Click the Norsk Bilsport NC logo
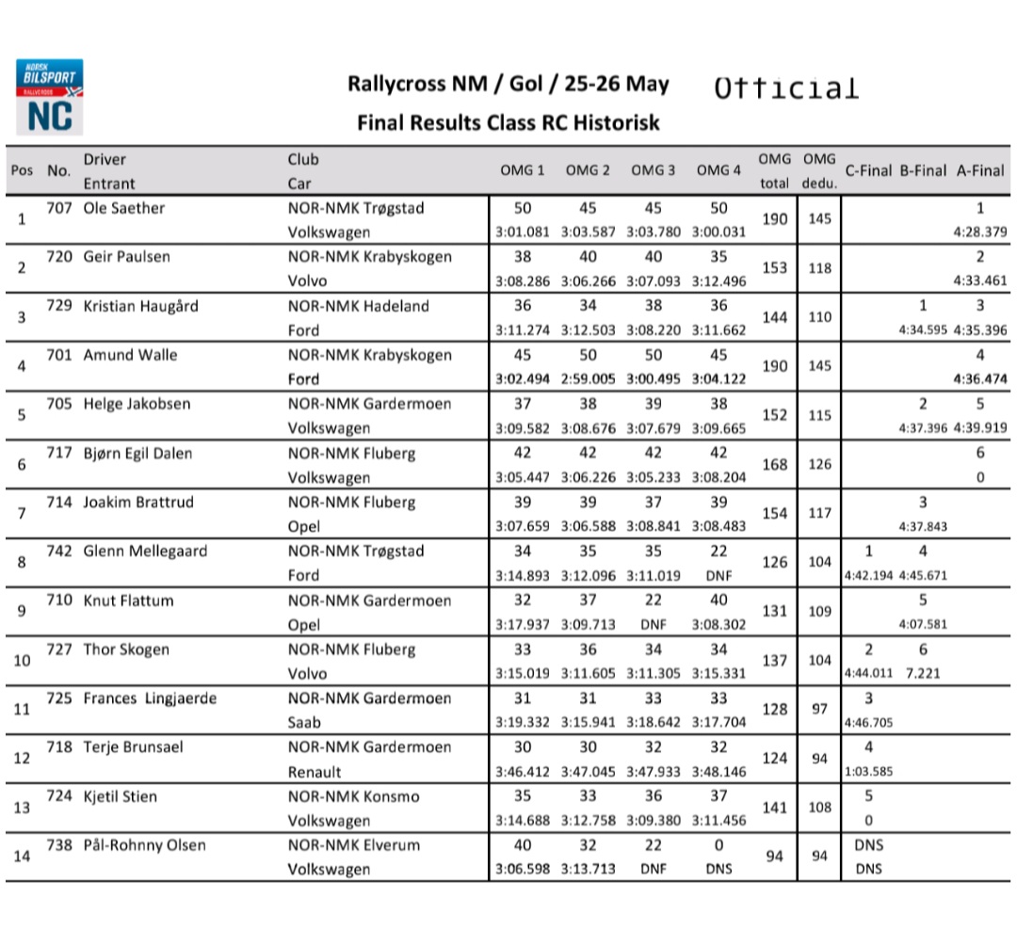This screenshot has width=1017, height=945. pyautogui.click(x=49, y=97)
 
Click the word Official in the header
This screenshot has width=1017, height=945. pyautogui.click(x=786, y=88)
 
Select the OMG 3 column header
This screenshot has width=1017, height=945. pyautogui.click(x=653, y=170)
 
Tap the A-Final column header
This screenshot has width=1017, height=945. pyautogui.click(x=980, y=170)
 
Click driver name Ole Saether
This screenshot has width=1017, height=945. pyautogui.click(x=124, y=208)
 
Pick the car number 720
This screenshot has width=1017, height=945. pyautogui.click(x=59, y=257)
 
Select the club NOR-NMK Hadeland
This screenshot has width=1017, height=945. pyautogui.click(x=358, y=306)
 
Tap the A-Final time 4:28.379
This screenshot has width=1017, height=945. pyautogui.click(x=980, y=232)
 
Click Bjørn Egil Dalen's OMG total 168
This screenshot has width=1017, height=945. pyautogui.click(x=774, y=464)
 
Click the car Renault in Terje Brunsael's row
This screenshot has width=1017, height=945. pyautogui.click(x=315, y=772)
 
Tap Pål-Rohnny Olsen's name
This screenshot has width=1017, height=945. pyautogui.click(x=146, y=845)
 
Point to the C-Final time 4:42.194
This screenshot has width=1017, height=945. pyautogui.click(x=868, y=575)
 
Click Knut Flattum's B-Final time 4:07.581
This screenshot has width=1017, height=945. pyautogui.click(x=923, y=624)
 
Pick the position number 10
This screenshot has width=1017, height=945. pyautogui.click(x=22, y=661)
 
